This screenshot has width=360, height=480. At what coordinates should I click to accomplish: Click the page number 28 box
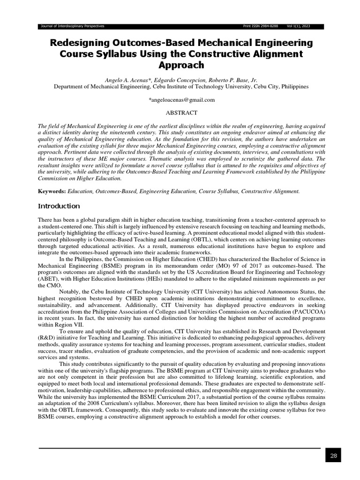[x=333, y=455]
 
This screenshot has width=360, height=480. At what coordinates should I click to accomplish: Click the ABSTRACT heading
[x=182, y=112]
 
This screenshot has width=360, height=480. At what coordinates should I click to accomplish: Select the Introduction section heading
[x=59, y=206]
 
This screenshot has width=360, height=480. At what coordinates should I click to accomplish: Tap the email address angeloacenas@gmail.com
[x=182, y=100]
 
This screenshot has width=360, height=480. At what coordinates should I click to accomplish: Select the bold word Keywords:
[x=52, y=191]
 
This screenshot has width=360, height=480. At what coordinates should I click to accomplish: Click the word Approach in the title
[x=181, y=65]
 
